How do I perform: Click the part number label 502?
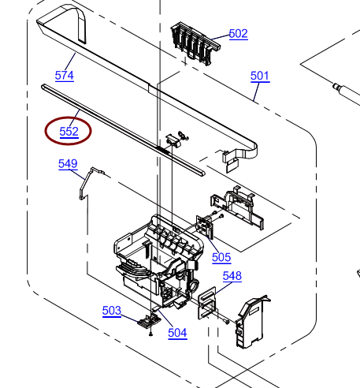click(x=238, y=34)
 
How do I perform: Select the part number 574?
click(x=65, y=76)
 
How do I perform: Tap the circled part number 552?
click(x=69, y=132)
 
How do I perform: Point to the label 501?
click(x=260, y=76)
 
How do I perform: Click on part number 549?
click(x=68, y=164)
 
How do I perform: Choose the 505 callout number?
click(x=221, y=257)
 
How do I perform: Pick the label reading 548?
click(x=232, y=276)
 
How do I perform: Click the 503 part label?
click(x=112, y=311)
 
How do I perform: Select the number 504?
click(x=177, y=333)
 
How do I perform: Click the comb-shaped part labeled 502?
click(x=195, y=43)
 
